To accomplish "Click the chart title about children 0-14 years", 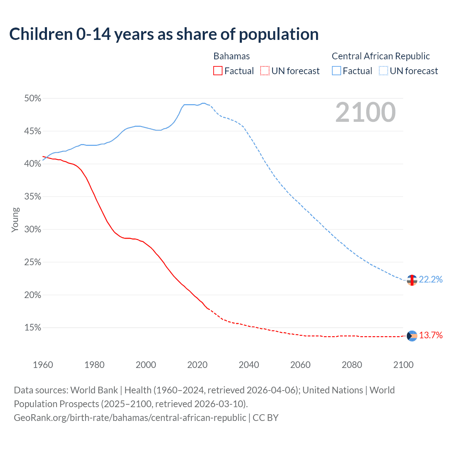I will click(x=164, y=34).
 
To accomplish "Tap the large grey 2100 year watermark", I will click(x=365, y=112).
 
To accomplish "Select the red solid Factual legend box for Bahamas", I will click(x=218, y=71).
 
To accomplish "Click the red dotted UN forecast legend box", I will click(x=265, y=71).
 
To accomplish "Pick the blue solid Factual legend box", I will click(x=337, y=71).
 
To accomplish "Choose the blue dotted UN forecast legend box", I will click(x=383, y=71).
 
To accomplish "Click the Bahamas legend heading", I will click(x=232, y=56).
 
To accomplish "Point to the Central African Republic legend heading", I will click(x=381, y=56).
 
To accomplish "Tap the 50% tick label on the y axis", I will click(x=32, y=99).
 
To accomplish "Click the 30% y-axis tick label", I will click(x=32, y=230).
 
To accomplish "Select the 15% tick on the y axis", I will click(x=32, y=328).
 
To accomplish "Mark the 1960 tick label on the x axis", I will click(x=43, y=365).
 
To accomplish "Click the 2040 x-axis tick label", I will click(x=249, y=365).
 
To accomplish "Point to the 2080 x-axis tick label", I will click(x=352, y=365).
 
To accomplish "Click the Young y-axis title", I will click(x=15, y=220).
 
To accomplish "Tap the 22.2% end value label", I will click(x=431, y=279).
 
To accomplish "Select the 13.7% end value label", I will click(x=431, y=335).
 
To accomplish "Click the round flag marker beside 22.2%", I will click(x=412, y=280).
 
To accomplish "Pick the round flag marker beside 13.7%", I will click(x=412, y=336).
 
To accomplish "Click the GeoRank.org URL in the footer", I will click(x=130, y=417).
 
